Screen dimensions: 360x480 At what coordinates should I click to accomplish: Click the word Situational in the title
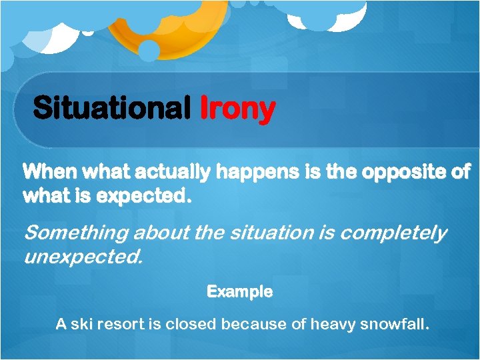tap(111, 108)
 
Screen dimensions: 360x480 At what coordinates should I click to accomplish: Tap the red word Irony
tap(237, 108)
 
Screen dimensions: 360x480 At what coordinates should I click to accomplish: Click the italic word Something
tap(77, 233)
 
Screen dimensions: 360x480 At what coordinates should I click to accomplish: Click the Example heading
tap(239, 292)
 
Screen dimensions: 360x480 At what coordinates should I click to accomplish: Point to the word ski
tap(84, 325)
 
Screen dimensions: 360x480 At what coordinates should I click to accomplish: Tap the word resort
tap(124, 325)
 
